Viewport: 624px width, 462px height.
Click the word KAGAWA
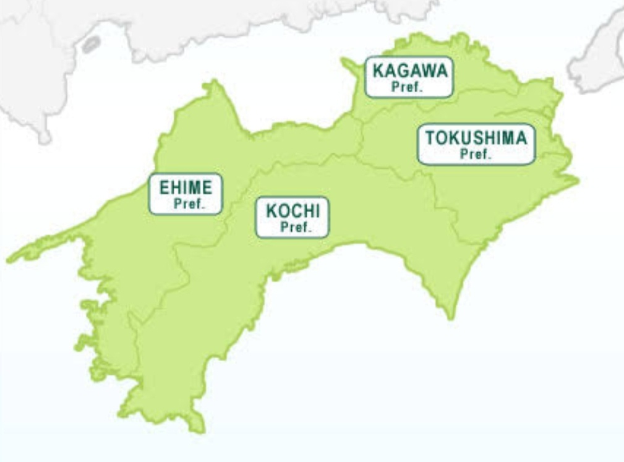point(409,71)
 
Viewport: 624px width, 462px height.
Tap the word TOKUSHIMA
point(476,138)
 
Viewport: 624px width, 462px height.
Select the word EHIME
point(186,187)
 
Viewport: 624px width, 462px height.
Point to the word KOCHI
point(293,211)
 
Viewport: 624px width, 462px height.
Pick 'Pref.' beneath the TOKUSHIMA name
point(476,155)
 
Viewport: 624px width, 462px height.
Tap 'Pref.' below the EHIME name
point(189,203)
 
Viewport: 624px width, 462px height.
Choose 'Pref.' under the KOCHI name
point(296,227)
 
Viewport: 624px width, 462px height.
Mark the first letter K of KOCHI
point(271,211)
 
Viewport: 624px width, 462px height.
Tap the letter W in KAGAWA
point(426,71)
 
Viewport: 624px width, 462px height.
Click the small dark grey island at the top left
point(91,44)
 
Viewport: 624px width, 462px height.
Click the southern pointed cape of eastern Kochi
point(451,317)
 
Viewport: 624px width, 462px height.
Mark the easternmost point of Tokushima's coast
point(576,180)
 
